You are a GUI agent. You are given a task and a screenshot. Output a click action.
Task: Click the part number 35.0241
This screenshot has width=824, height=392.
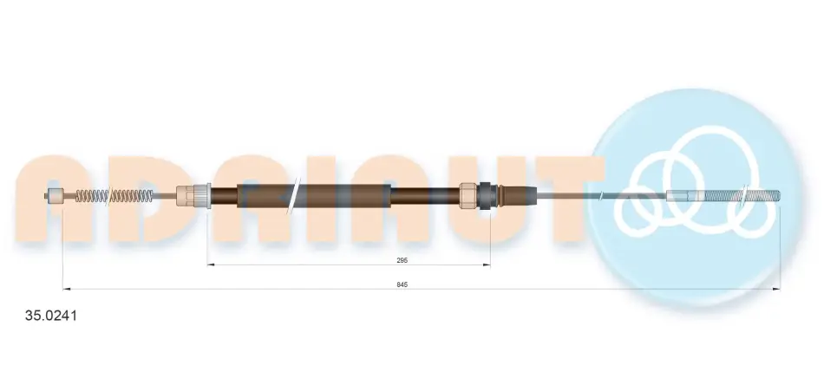[x=51, y=316]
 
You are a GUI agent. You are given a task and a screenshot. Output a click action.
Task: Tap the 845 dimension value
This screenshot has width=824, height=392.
[x=402, y=284]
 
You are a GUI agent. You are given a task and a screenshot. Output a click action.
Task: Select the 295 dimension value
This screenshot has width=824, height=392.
[x=402, y=260]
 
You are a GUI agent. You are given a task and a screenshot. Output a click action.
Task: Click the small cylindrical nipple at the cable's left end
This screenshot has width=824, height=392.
[x=54, y=196]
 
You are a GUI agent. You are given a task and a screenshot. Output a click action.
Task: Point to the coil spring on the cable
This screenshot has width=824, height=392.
[x=114, y=196]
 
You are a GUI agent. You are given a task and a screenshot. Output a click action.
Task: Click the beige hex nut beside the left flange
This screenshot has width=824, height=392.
[x=186, y=196]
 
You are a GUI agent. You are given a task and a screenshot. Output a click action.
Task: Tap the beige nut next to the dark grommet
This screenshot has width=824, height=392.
[x=468, y=196]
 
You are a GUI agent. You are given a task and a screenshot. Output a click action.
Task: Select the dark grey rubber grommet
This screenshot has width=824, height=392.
[x=486, y=195]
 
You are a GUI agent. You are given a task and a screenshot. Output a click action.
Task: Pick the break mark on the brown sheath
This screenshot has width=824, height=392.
[x=294, y=195]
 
